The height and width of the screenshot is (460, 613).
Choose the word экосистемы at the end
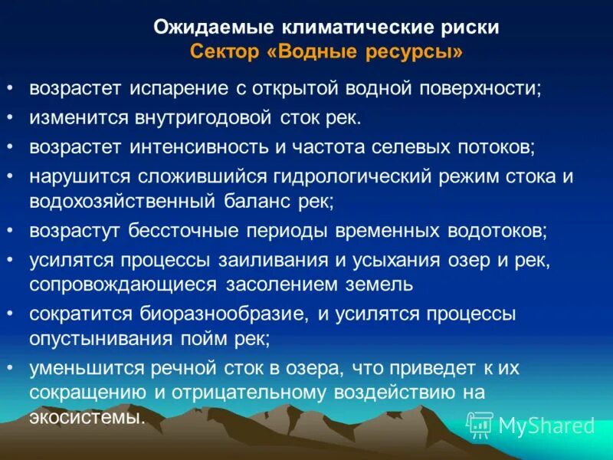tap(87, 418)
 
